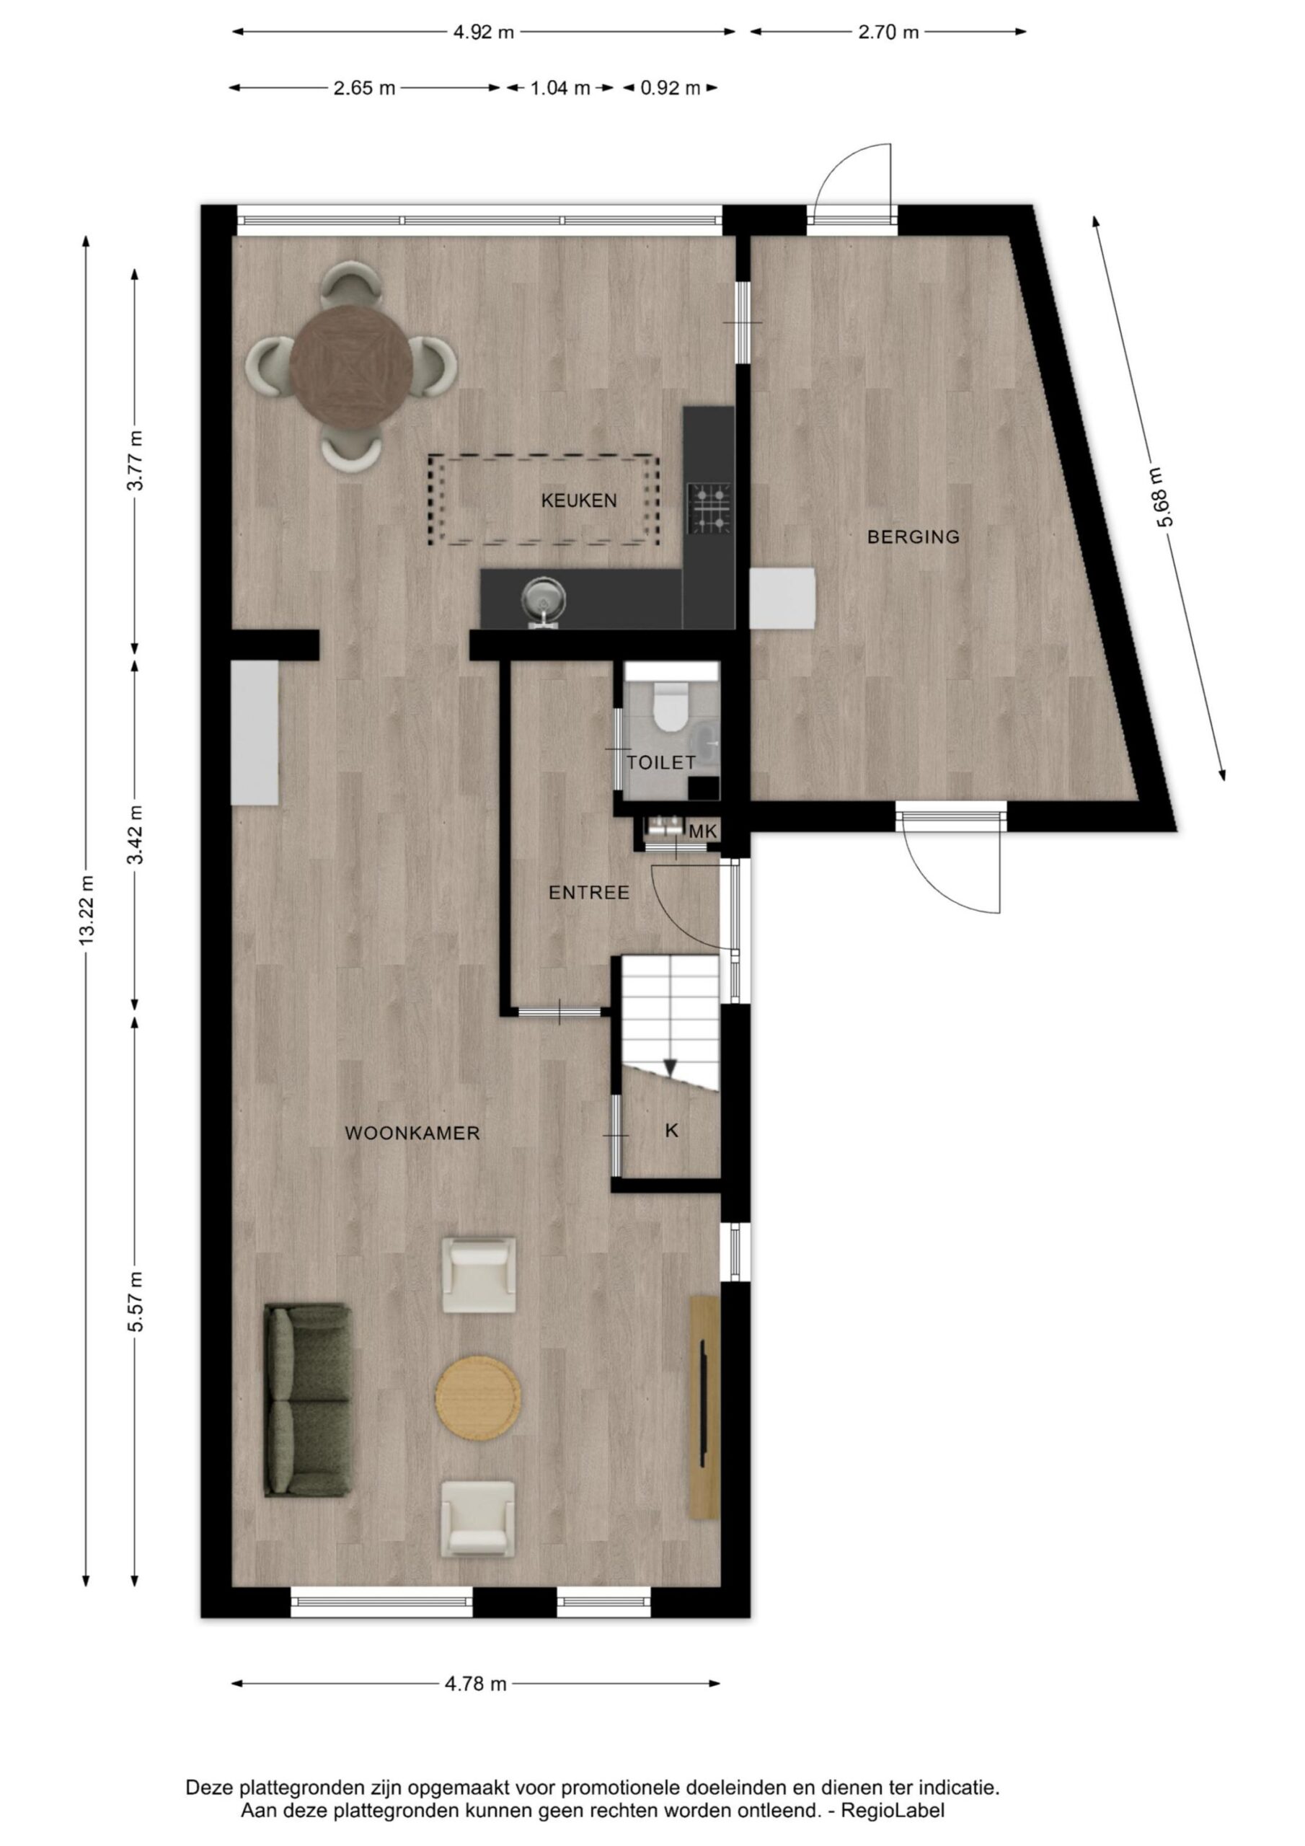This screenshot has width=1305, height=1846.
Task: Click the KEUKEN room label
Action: (x=579, y=501)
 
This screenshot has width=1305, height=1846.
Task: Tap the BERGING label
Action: (x=913, y=537)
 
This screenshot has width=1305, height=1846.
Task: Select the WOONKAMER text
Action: (x=412, y=1134)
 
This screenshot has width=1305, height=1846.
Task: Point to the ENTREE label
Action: (x=589, y=893)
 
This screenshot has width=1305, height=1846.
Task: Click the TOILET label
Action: (x=661, y=762)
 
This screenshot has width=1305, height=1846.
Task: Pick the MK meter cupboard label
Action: (x=703, y=832)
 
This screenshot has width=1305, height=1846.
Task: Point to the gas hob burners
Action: (x=709, y=508)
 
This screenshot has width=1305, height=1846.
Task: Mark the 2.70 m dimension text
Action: (x=888, y=32)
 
